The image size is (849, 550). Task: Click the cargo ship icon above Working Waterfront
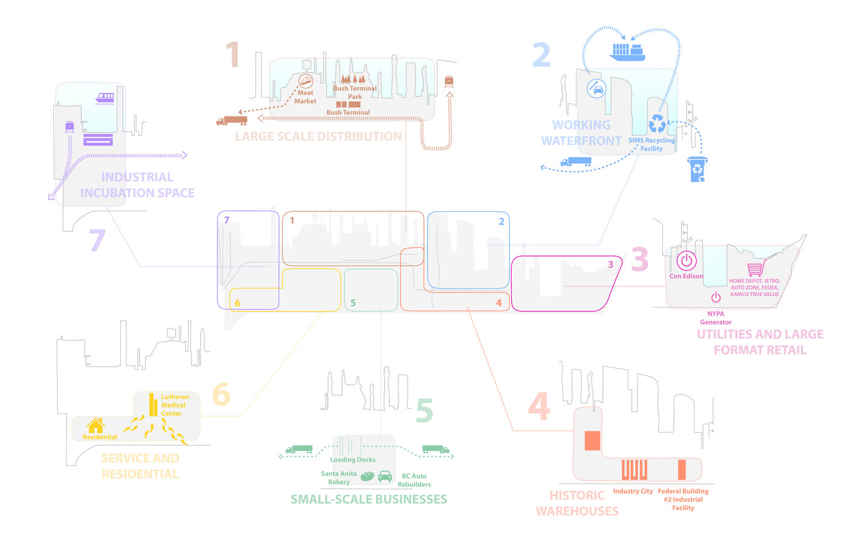[x=628, y=52]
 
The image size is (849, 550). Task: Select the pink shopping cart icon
[x=756, y=268]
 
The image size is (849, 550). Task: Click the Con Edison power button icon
[x=686, y=260]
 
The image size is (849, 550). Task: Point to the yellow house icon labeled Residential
[x=96, y=426]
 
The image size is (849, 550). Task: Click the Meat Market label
[x=305, y=97]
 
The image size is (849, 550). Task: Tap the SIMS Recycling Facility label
[x=651, y=144]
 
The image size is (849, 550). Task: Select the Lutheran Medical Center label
[x=175, y=405]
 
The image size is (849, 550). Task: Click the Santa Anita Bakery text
[x=338, y=478]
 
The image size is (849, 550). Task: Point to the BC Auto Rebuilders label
[x=414, y=480]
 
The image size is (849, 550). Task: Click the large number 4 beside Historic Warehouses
[x=539, y=406]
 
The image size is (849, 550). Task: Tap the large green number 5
[x=424, y=410]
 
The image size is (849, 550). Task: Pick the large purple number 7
[x=97, y=240]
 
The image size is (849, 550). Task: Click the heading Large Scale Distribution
[x=318, y=137]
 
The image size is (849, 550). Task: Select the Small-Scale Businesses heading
[x=369, y=499]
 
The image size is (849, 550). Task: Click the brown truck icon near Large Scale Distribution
[x=232, y=121]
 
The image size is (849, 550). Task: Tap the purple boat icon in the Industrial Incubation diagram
[x=105, y=98]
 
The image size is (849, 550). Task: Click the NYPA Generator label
[x=716, y=318]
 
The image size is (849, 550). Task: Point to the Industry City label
[x=633, y=491]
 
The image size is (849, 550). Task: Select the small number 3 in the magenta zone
[x=610, y=264]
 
